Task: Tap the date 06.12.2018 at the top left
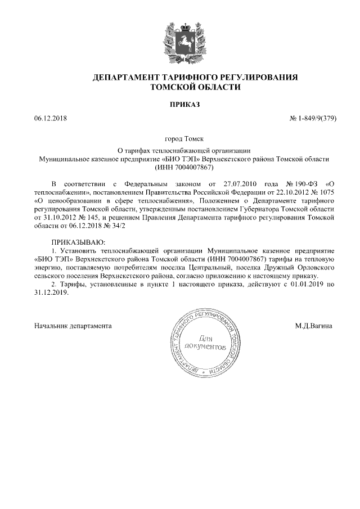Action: pos(50,119)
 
